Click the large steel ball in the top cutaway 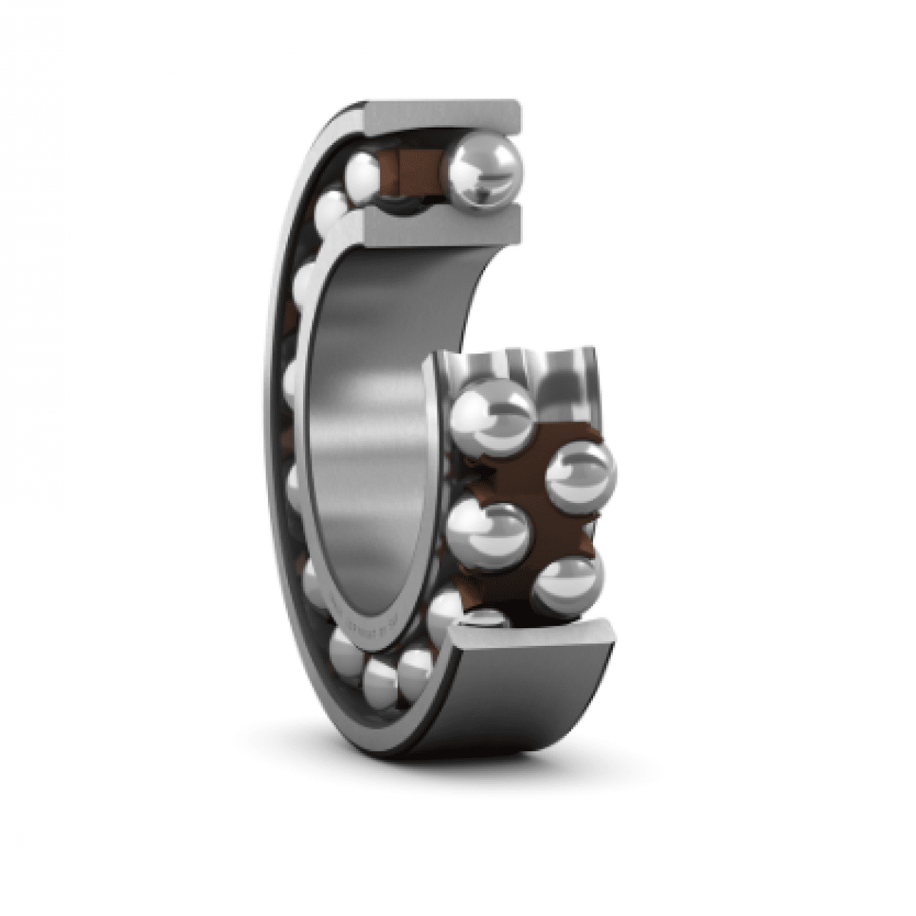coord(482,172)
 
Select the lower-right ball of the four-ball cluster coord(566,585)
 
